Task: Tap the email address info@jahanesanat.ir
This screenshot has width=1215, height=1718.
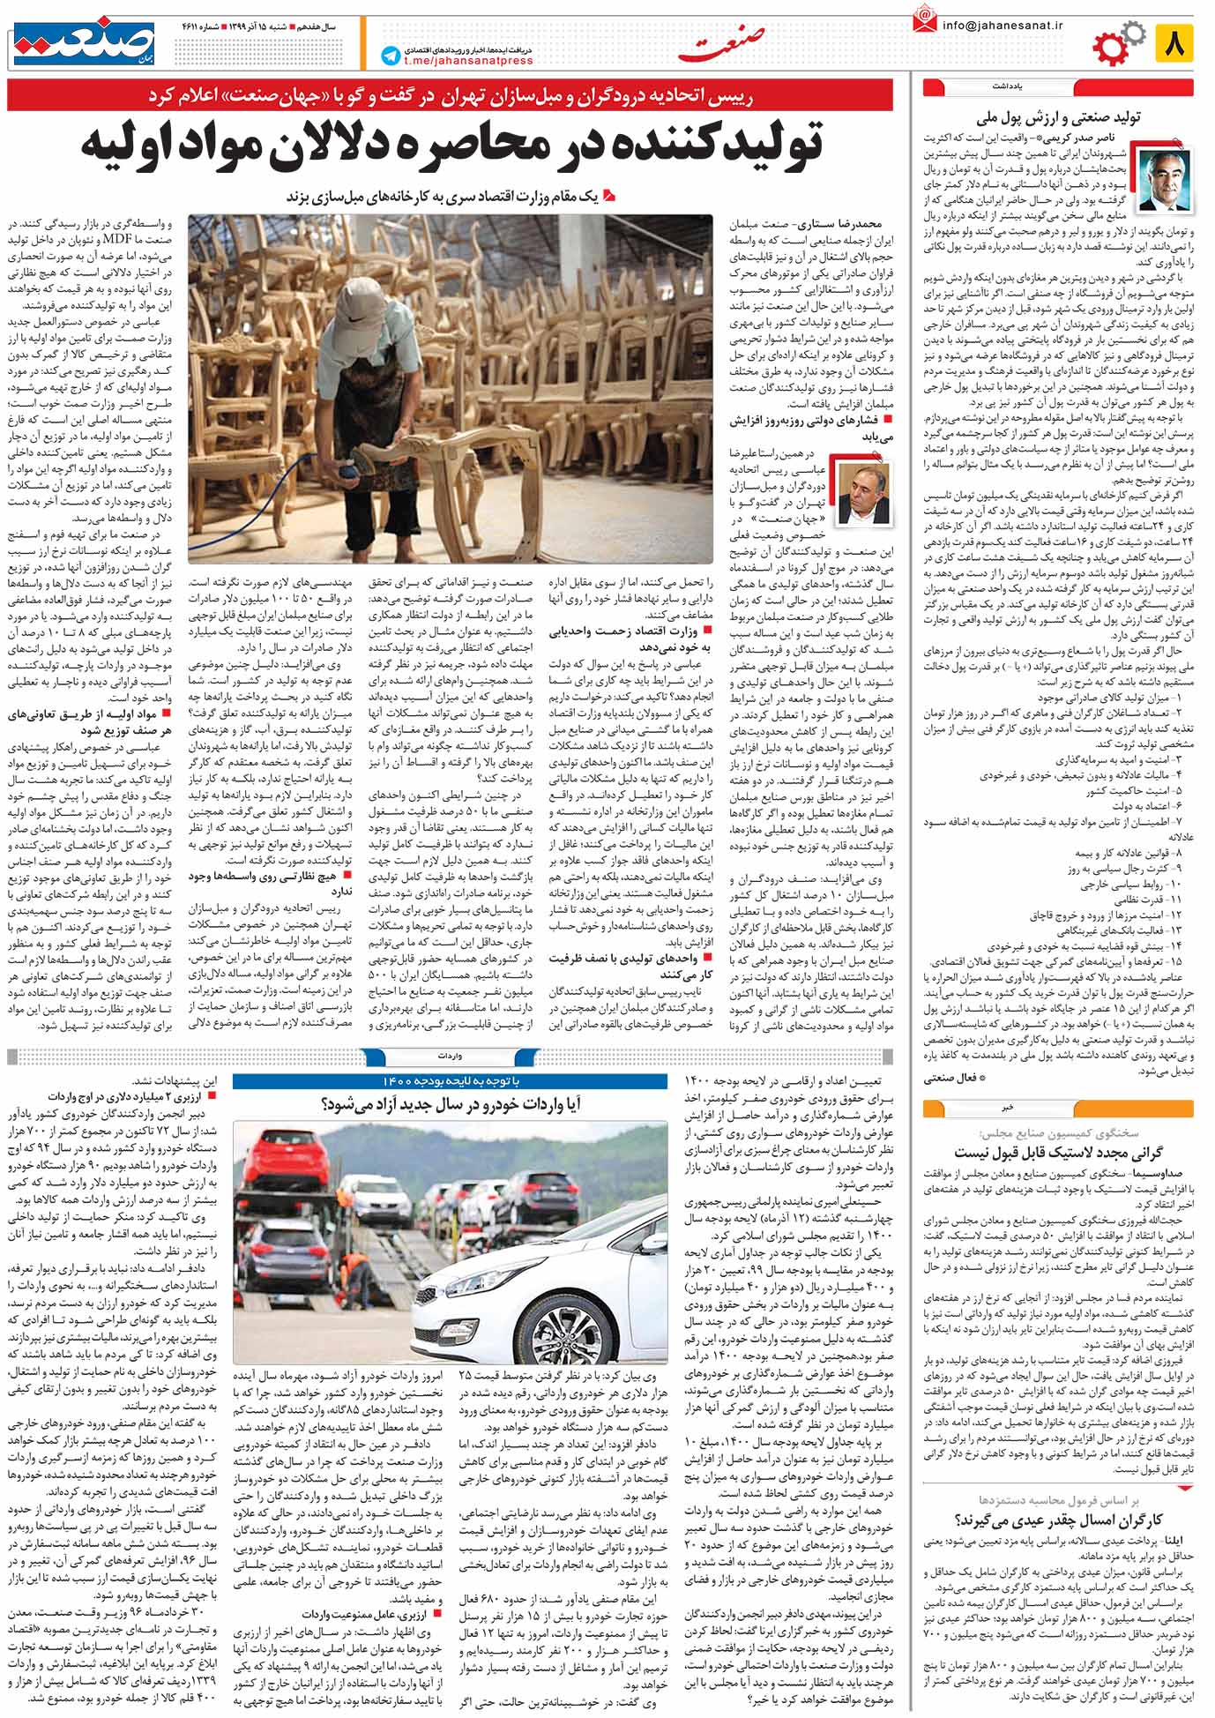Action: click(1003, 26)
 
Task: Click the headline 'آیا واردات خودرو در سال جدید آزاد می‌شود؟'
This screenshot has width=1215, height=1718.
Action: click(449, 1103)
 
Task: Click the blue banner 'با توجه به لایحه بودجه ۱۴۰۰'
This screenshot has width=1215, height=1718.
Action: click(450, 1081)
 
